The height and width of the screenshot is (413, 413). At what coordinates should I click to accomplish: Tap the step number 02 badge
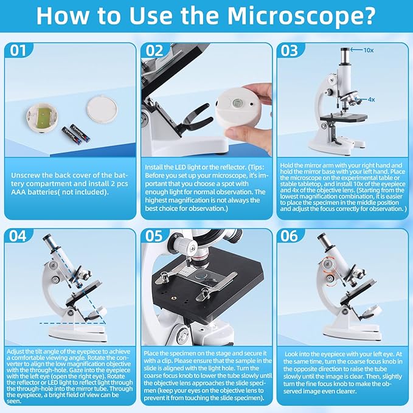154,51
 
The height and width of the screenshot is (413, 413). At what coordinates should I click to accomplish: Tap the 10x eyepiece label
369,50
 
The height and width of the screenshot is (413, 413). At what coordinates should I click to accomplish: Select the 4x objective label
372,99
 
